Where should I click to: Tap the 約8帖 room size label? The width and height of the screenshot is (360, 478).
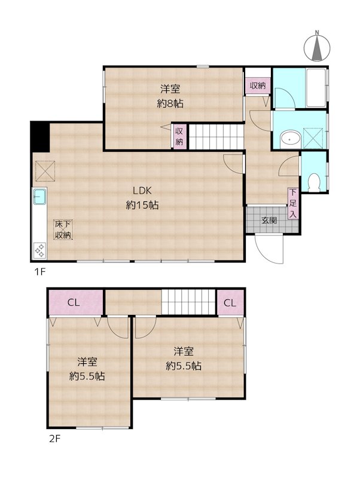pyautogui.click(x=170, y=103)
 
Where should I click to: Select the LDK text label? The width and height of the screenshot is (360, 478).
pyautogui.click(x=142, y=191)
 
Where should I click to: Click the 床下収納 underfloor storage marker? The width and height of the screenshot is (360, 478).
pyautogui.click(x=63, y=229)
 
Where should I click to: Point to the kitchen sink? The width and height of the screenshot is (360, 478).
pyautogui.click(x=40, y=196)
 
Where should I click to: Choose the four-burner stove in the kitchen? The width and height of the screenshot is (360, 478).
pyautogui.click(x=40, y=250)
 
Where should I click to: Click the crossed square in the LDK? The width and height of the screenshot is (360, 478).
pyautogui.click(x=44, y=170)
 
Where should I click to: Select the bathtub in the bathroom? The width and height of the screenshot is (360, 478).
pyautogui.click(x=316, y=88)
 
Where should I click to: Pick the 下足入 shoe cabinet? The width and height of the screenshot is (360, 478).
pyautogui.click(x=293, y=203)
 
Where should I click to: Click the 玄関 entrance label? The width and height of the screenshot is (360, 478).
pyautogui.click(x=269, y=220)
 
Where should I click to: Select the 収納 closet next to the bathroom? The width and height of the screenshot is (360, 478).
pyautogui.click(x=258, y=85)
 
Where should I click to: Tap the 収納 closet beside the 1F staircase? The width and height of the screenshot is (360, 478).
pyautogui.click(x=179, y=136)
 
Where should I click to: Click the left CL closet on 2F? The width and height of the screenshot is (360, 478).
pyautogui.click(x=74, y=302)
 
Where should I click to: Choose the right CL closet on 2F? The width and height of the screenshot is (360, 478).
pyautogui.click(x=230, y=302)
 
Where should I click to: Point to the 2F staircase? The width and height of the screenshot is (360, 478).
pyautogui.click(x=189, y=302)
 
